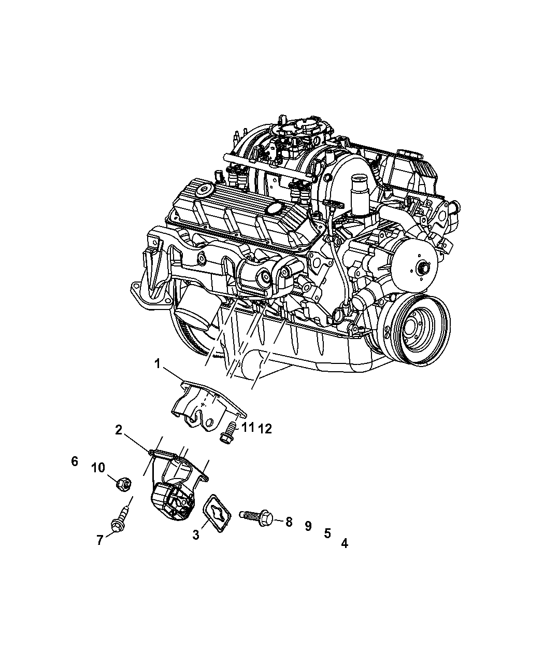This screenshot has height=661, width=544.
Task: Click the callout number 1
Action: (x=158, y=364)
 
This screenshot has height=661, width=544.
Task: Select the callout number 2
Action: (x=119, y=430)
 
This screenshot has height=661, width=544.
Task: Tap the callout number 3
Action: (x=196, y=535)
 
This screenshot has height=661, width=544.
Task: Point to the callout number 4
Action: (x=345, y=543)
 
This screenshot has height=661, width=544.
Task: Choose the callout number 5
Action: (x=327, y=533)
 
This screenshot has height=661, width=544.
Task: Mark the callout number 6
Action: (x=75, y=461)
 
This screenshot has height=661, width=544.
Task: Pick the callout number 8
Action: (x=289, y=522)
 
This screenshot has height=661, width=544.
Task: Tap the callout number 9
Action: (x=308, y=526)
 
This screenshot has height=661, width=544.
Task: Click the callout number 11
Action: (x=248, y=428)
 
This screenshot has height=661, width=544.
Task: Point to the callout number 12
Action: (x=265, y=429)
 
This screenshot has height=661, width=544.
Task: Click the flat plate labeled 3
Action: (x=217, y=513)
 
